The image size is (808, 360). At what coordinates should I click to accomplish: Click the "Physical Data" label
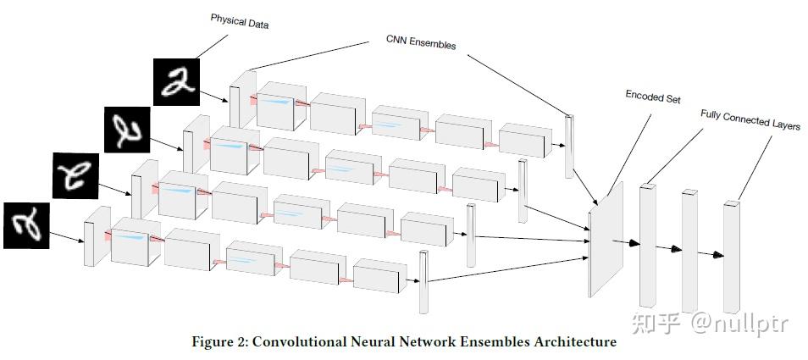click(x=240, y=21)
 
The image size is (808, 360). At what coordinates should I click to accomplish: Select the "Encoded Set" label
click(x=652, y=97)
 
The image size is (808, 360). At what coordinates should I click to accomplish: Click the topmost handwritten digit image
click(x=175, y=82)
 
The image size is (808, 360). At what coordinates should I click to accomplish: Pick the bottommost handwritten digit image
click(x=27, y=225)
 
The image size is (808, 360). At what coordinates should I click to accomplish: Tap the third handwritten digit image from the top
click(x=75, y=177)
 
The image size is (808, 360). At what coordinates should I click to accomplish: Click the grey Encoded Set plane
click(x=606, y=239)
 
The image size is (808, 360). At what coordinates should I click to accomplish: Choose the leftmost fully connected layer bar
click(x=648, y=246)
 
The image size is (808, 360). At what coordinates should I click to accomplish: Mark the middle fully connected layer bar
click(x=689, y=251)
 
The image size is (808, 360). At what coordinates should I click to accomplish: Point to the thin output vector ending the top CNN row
click(x=569, y=146)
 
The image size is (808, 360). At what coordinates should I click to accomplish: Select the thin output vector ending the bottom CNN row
click(x=423, y=280)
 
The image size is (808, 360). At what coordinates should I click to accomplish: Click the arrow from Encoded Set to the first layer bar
click(x=628, y=242)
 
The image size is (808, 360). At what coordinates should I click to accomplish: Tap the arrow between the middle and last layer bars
click(x=712, y=253)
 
